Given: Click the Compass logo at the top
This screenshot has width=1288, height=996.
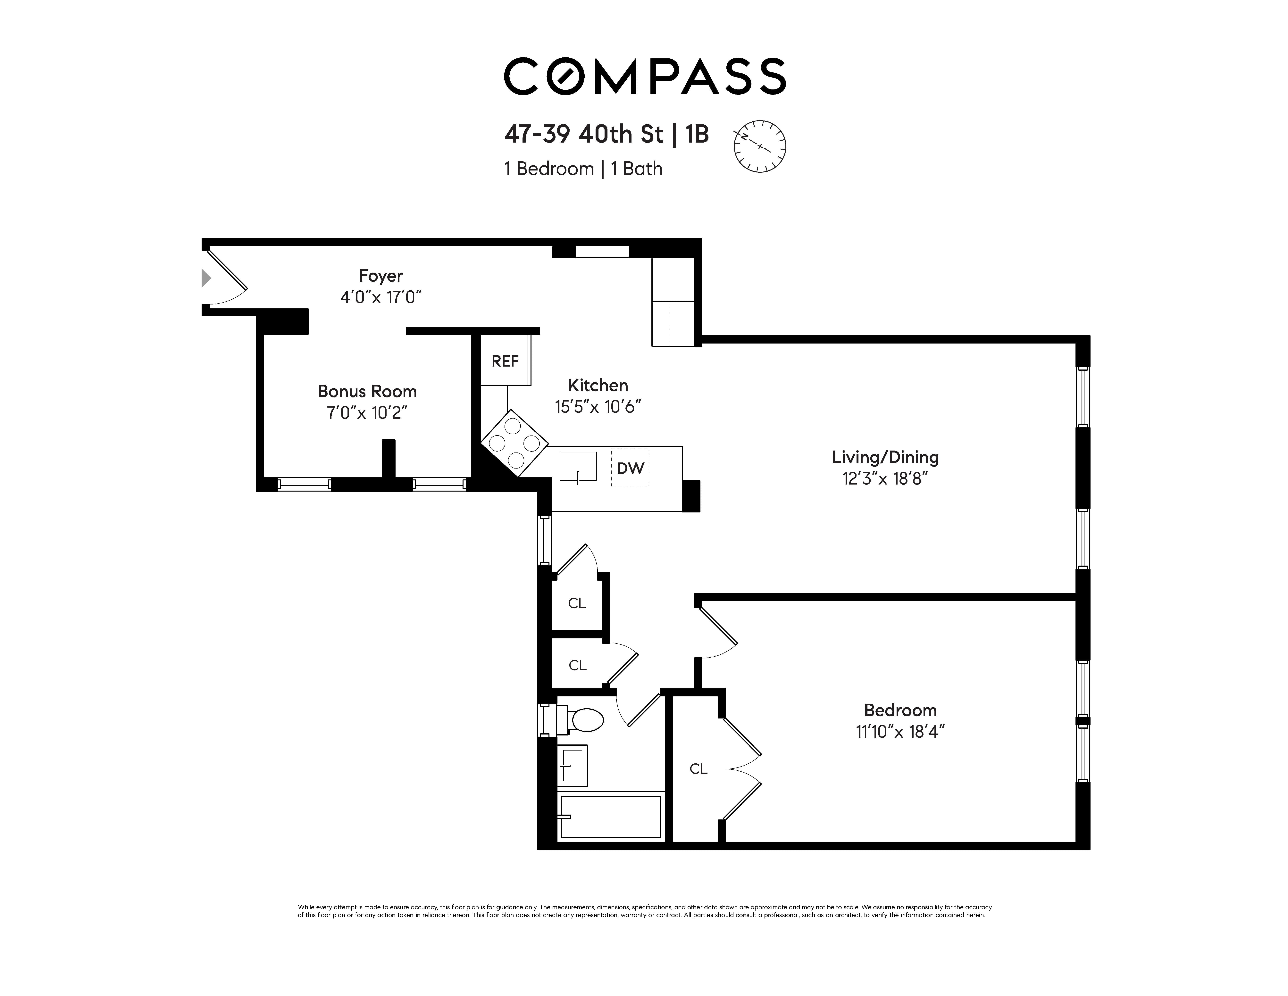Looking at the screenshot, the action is (x=645, y=76).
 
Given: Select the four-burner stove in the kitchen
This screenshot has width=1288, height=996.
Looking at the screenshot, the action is (x=514, y=443).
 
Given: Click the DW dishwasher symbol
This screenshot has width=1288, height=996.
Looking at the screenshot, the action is (x=630, y=468).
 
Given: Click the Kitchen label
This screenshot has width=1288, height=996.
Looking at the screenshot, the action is (x=598, y=385).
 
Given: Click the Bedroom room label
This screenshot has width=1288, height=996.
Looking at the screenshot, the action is (x=900, y=710).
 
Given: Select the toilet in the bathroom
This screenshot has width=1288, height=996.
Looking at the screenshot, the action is (x=581, y=720).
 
